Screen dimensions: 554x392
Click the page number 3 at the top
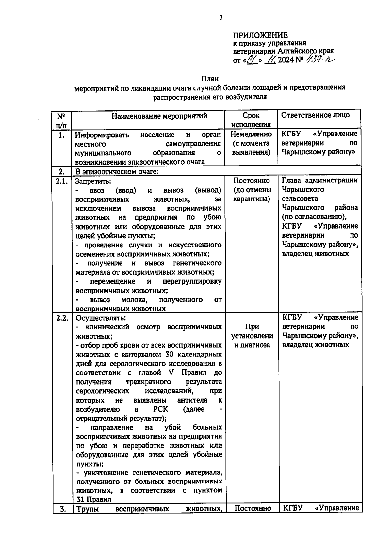tap(221, 18)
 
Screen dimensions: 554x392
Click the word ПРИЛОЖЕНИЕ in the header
tap(260, 35)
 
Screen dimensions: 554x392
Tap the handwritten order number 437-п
tap(320, 60)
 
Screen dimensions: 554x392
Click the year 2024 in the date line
tap(286, 60)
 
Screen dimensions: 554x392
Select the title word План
tap(209, 79)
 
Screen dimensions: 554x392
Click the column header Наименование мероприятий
tap(159, 116)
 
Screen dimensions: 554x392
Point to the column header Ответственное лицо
tap(315, 115)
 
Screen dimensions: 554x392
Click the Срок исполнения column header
tap(251, 120)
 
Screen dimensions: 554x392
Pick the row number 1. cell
tap(61, 135)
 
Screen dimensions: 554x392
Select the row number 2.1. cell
tap(61, 181)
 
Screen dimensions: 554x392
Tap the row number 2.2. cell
tap(62, 318)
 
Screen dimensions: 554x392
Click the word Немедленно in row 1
tap(251, 134)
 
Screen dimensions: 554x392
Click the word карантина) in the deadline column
tap(251, 199)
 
